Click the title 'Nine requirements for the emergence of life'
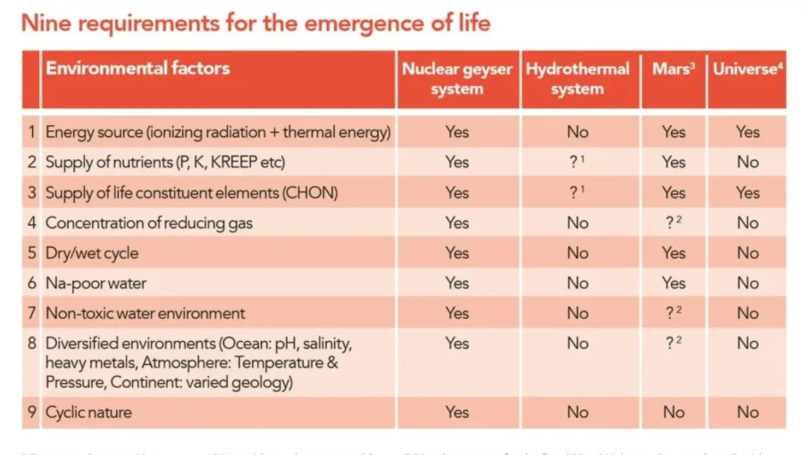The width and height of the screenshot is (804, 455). (x=256, y=24)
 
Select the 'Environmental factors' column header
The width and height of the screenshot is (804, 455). (x=138, y=68)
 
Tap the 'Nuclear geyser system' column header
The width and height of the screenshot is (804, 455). (x=457, y=79)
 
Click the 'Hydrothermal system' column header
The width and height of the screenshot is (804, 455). (x=577, y=79)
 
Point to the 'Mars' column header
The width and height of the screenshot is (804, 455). (x=673, y=69)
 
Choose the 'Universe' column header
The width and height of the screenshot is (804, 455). (x=747, y=69)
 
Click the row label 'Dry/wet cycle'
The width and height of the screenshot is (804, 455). (x=92, y=253)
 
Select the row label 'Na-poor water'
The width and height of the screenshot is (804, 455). (x=96, y=283)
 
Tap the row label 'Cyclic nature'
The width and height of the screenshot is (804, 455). (x=88, y=412)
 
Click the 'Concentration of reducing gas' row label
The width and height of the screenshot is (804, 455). (x=149, y=223)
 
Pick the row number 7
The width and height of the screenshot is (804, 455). (x=32, y=313)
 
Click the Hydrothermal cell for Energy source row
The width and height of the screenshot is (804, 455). (x=577, y=132)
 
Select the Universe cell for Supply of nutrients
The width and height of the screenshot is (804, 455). (x=747, y=162)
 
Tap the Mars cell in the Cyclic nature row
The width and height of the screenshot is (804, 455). (x=673, y=412)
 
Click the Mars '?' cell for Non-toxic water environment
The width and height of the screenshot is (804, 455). (x=673, y=313)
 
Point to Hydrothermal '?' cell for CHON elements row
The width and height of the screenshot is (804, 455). (x=576, y=192)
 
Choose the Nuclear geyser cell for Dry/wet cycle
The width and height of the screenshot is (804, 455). (x=457, y=253)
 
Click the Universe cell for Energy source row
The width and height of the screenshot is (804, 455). (x=747, y=132)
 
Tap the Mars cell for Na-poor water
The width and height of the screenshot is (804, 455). (x=673, y=283)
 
